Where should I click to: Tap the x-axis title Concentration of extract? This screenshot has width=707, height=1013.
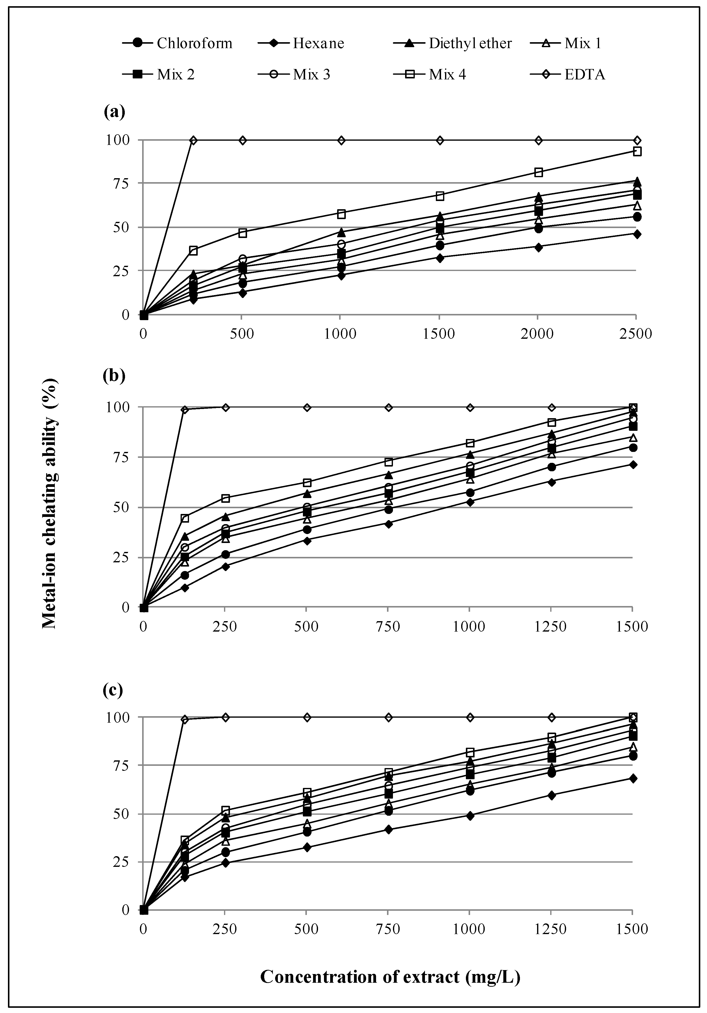click(390, 977)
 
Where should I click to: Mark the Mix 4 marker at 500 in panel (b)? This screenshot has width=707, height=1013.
click(307, 482)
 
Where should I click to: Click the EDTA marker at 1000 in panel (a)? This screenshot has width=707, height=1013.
click(341, 140)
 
